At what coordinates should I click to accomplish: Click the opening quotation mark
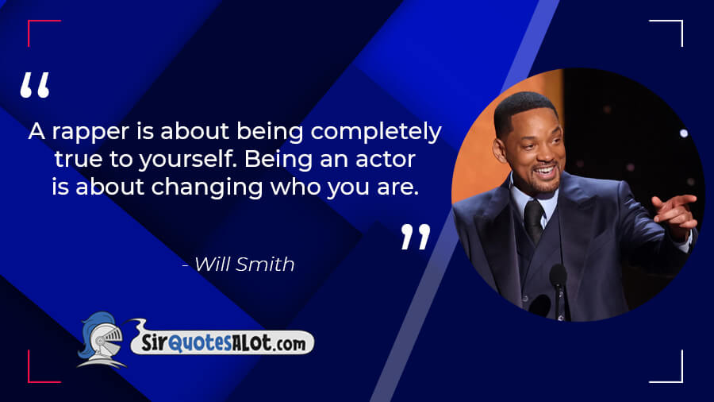pos(35,85)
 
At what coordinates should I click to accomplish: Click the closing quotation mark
pos(416,237)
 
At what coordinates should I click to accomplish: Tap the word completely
pos(376,132)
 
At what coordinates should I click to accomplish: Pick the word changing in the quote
pos(207,187)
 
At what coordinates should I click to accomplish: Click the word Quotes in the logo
pos(199,343)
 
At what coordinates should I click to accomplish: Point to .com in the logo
pos(290,344)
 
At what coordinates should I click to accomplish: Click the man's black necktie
pos(533,220)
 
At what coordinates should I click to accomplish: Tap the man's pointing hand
pos(676,213)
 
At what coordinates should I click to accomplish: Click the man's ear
pos(500,150)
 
